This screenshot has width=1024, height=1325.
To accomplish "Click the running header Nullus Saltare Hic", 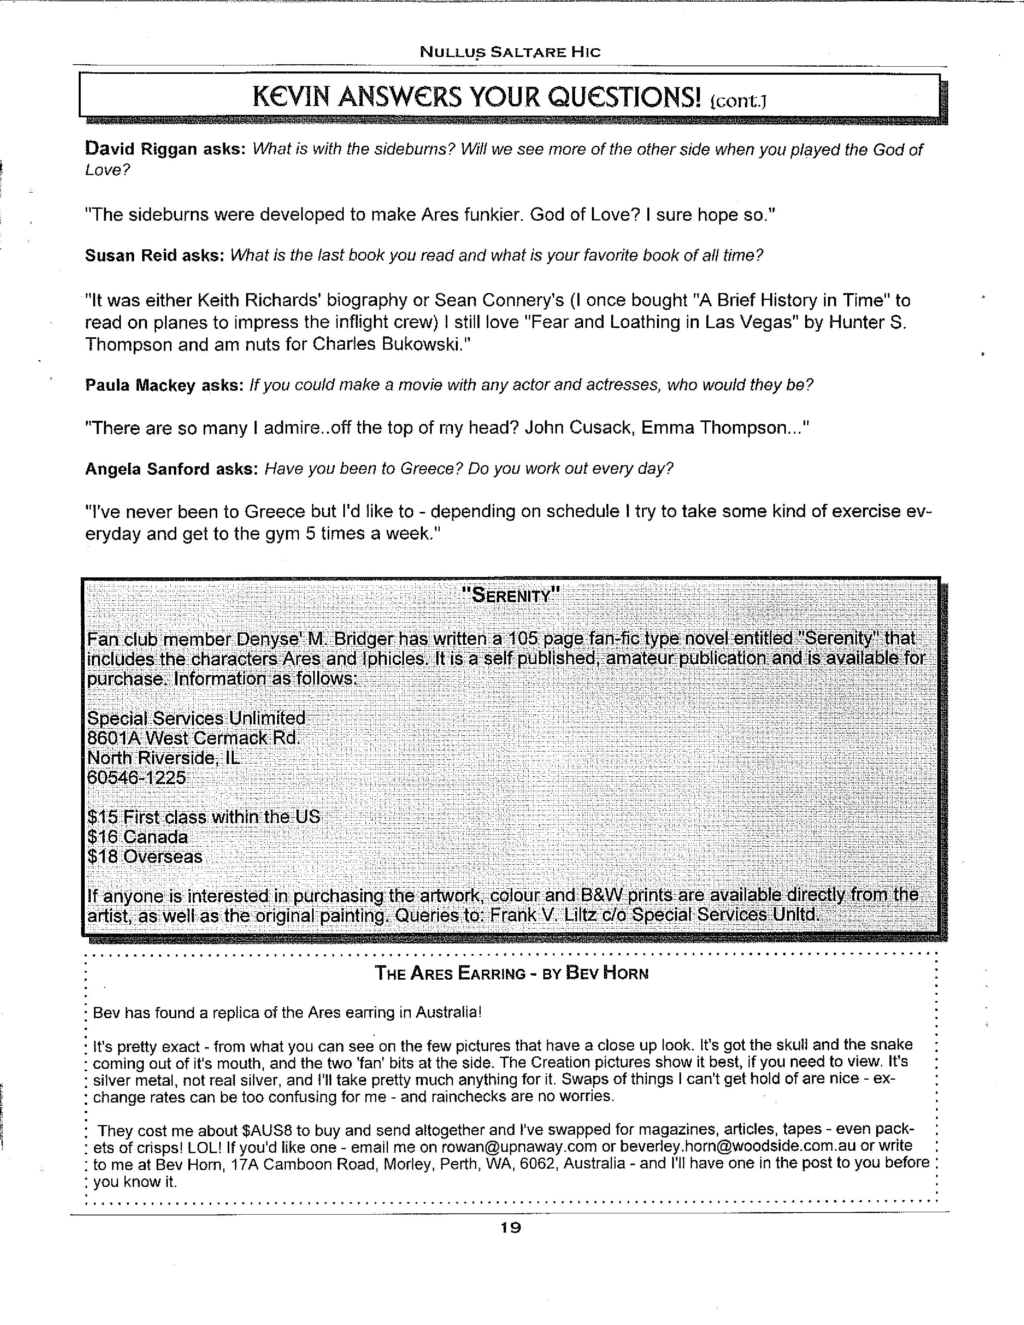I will coord(510,52).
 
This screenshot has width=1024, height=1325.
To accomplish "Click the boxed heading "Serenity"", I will coord(510,595).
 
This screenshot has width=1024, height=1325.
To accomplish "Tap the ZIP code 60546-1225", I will coord(137,777).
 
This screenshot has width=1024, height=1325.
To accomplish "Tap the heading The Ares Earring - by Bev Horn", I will coord(511,973).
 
